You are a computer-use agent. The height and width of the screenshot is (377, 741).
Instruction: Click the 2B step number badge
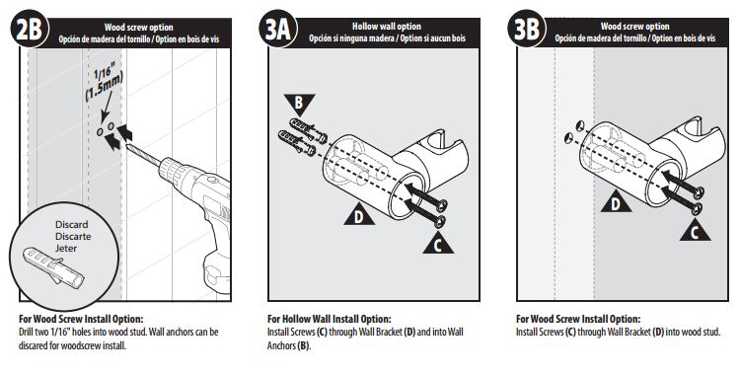pyautogui.click(x=29, y=30)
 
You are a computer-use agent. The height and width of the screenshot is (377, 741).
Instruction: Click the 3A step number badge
pyautogui.click(x=278, y=30)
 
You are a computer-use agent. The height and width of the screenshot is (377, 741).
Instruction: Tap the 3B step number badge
pyautogui.click(x=527, y=30)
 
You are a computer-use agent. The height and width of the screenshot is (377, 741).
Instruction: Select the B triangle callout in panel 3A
pyautogui.click(x=299, y=104)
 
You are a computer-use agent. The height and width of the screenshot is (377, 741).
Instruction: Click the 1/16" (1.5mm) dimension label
pyautogui.click(x=103, y=84)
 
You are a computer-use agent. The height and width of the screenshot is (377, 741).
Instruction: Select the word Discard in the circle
pyautogui.click(x=72, y=224)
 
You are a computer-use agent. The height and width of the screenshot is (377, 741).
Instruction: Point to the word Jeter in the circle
pyautogui.click(x=66, y=248)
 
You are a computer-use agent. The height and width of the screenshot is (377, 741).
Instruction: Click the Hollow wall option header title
pyautogui.click(x=387, y=27)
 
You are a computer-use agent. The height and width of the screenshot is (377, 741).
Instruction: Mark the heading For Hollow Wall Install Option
pyautogui.click(x=330, y=320)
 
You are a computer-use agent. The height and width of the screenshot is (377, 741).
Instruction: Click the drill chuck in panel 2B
pyautogui.click(x=172, y=171)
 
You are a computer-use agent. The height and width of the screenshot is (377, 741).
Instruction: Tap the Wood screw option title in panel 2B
pyautogui.click(x=138, y=28)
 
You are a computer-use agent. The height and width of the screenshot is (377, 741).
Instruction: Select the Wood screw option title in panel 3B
pyautogui.click(x=634, y=27)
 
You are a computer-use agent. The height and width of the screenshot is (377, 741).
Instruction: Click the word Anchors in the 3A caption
pyautogui.click(x=281, y=345)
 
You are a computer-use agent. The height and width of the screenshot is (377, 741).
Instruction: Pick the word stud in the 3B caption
pyautogui.click(x=710, y=333)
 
